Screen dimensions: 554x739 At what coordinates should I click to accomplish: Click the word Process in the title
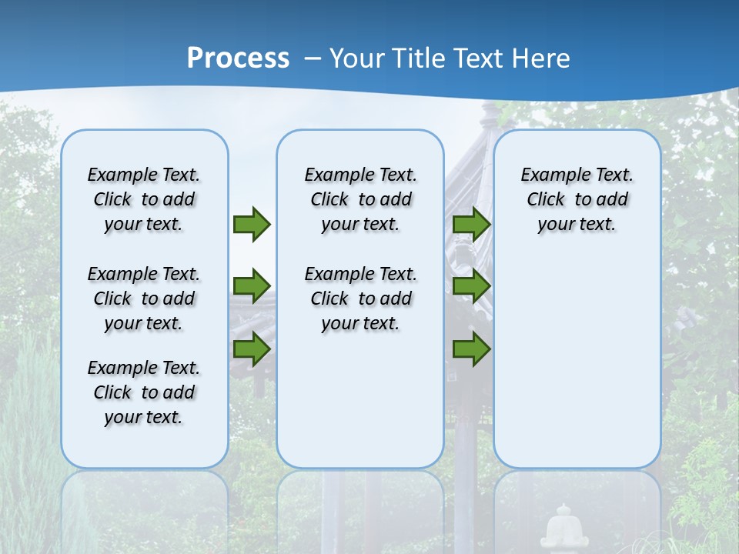click(238, 58)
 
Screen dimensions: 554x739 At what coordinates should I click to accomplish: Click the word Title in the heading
click(420, 58)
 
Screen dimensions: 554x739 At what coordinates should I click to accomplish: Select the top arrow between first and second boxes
click(252, 224)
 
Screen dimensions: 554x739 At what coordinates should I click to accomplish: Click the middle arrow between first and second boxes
click(252, 286)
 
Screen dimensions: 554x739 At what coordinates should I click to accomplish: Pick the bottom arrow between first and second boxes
click(252, 349)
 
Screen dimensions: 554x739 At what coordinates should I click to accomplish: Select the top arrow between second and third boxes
click(471, 224)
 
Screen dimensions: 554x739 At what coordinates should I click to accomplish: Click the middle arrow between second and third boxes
click(471, 286)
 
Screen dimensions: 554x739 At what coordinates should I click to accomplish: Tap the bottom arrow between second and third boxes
click(471, 349)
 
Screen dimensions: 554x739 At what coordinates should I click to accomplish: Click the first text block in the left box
click(144, 199)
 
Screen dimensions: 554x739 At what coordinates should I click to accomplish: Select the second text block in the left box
click(144, 299)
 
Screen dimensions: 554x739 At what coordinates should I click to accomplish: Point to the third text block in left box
click(144, 392)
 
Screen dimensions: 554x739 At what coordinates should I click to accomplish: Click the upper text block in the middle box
click(360, 199)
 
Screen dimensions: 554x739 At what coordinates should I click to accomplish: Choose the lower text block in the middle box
click(360, 299)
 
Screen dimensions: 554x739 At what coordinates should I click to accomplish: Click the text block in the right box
click(577, 199)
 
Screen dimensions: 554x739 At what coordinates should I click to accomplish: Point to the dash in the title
click(313, 58)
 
